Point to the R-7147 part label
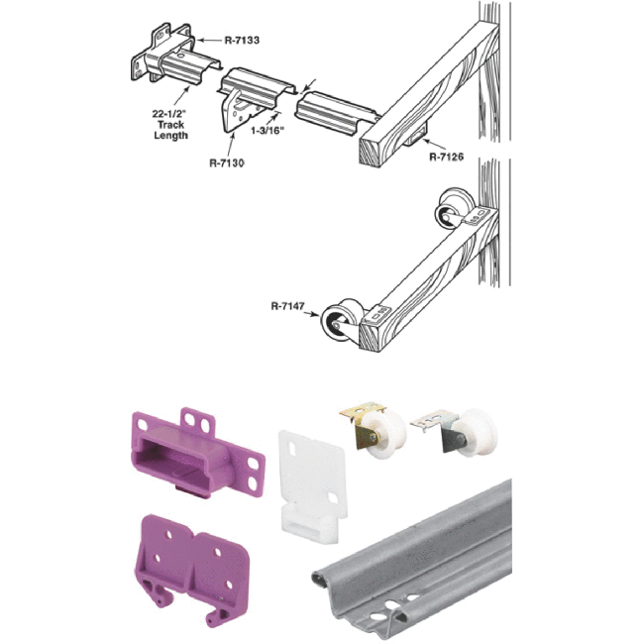[286, 306]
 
